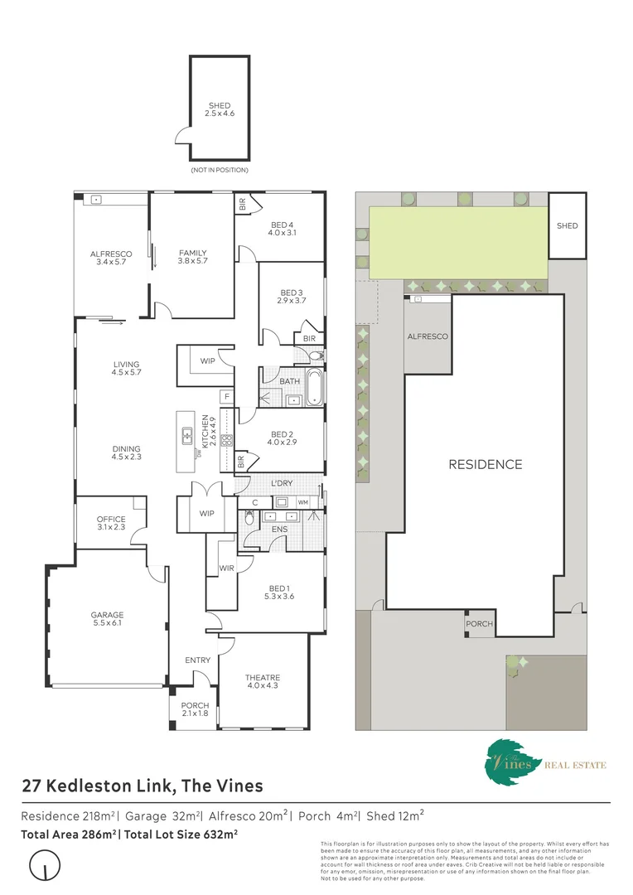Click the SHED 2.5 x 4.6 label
(x=220, y=109)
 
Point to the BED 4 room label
(x=283, y=229)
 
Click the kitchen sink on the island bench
(x=188, y=433)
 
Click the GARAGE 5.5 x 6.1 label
(x=107, y=619)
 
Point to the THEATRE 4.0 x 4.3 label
(x=262, y=681)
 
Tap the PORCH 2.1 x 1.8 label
(x=196, y=710)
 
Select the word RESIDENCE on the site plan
(x=485, y=464)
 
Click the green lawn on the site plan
(x=457, y=242)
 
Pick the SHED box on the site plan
(x=568, y=225)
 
